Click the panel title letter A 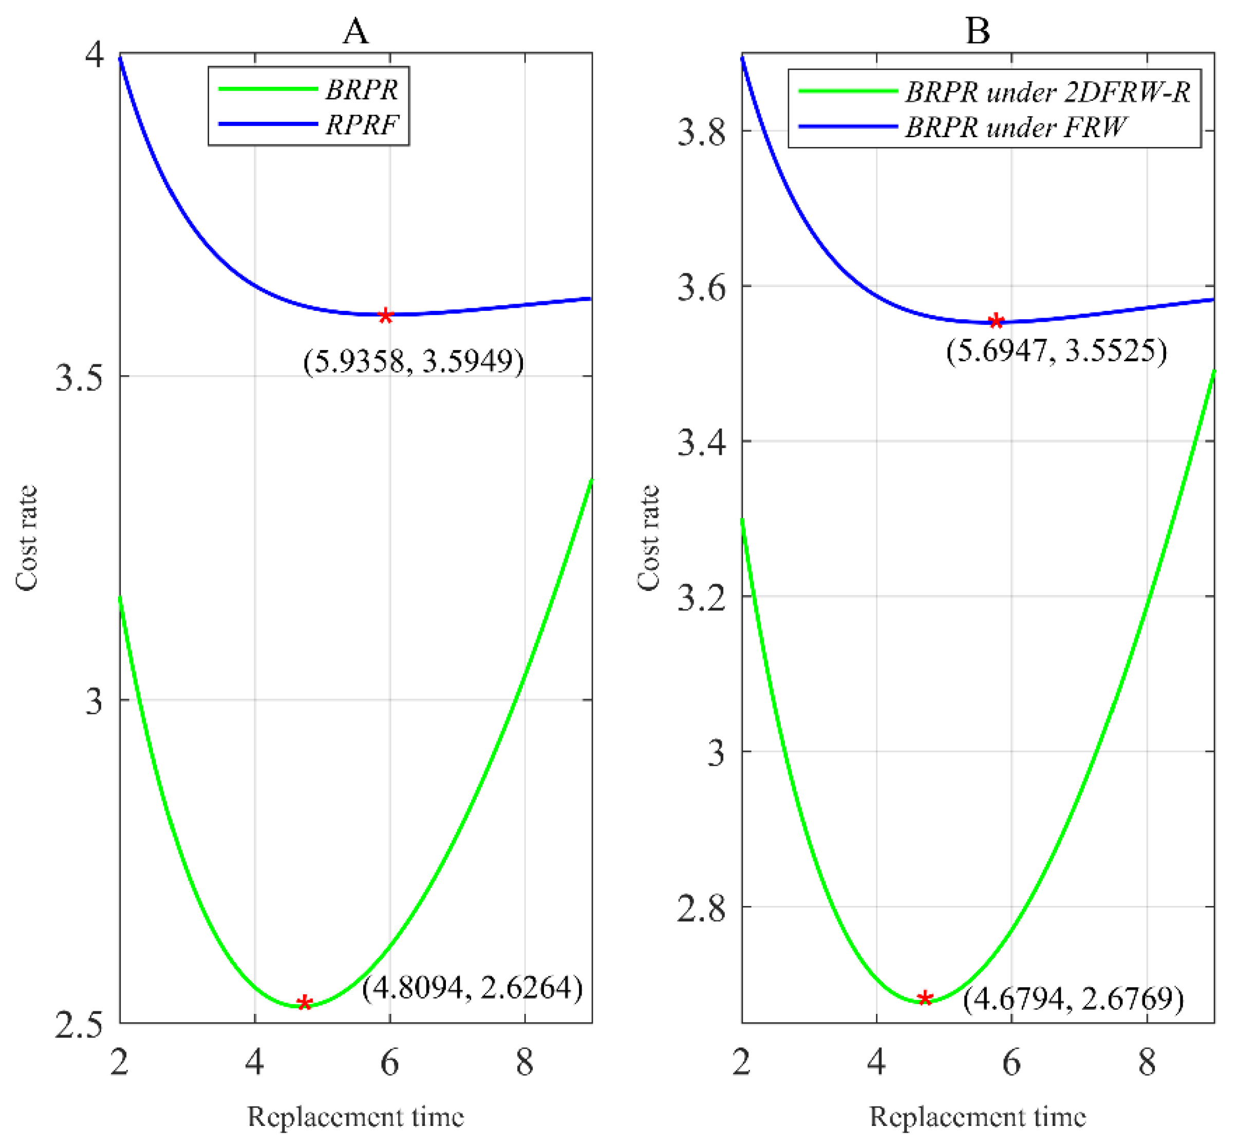[355, 31]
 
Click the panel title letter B [978, 31]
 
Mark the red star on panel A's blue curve [385, 316]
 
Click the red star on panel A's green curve [304, 1003]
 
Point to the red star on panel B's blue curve [996, 322]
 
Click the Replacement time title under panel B [978, 1117]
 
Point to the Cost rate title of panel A [26, 538]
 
